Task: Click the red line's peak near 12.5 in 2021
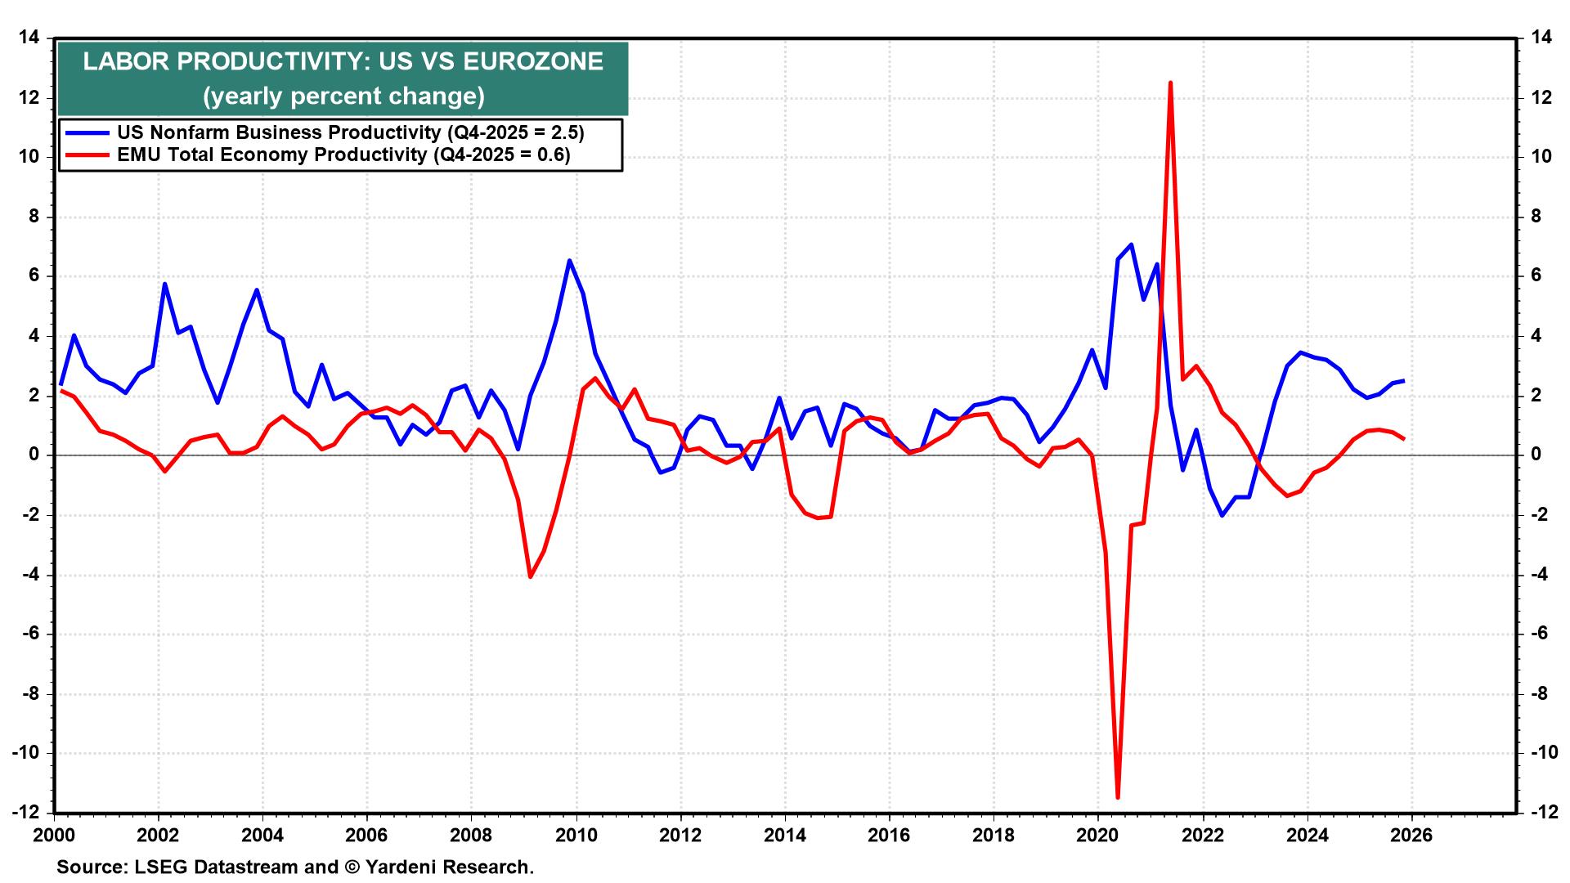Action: point(1170,83)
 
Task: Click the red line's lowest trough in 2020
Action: point(1118,796)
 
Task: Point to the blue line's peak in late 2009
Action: point(569,261)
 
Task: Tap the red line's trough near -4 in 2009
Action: point(530,576)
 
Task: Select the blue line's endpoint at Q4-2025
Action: point(1404,380)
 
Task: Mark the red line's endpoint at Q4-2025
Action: point(1404,439)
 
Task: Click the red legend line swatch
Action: point(87,155)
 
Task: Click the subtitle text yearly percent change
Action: point(343,96)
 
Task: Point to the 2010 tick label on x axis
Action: point(576,836)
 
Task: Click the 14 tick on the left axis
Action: point(29,38)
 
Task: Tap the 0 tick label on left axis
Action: point(34,455)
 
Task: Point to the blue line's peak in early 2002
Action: point(164,284)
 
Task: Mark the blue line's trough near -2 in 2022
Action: point(1222,515)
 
